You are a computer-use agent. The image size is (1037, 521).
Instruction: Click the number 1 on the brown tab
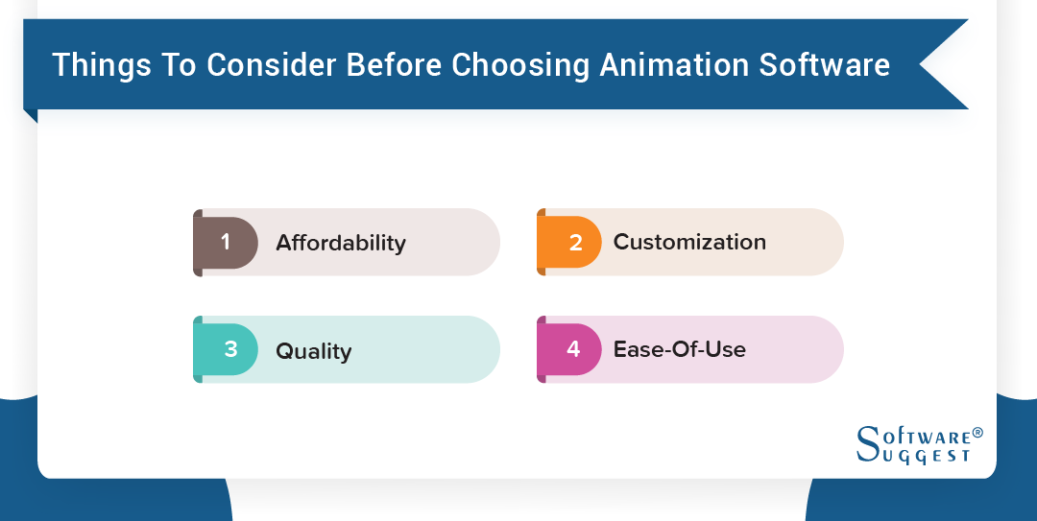click(x=227, y=242)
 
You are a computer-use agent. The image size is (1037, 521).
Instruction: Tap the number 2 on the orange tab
click(x=575, y=243)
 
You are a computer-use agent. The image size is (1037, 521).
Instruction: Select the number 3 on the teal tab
click(x=230, y=349)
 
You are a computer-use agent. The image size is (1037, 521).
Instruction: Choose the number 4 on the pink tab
click(x=573, y=349)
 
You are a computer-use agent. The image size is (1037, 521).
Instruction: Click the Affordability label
click(x=341, y=244)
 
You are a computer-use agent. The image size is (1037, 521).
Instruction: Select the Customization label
click(x=689, y=242)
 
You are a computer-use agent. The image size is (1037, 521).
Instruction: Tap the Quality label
click(x=314, y=351)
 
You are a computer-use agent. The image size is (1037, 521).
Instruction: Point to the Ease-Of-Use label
click(x=680, y=349)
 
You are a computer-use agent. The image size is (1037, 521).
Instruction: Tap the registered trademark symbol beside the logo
click(x=977, y=433)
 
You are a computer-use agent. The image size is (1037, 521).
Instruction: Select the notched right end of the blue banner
click(x=946, y=65)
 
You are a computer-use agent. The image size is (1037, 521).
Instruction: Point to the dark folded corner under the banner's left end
click(x=31, y=116)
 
